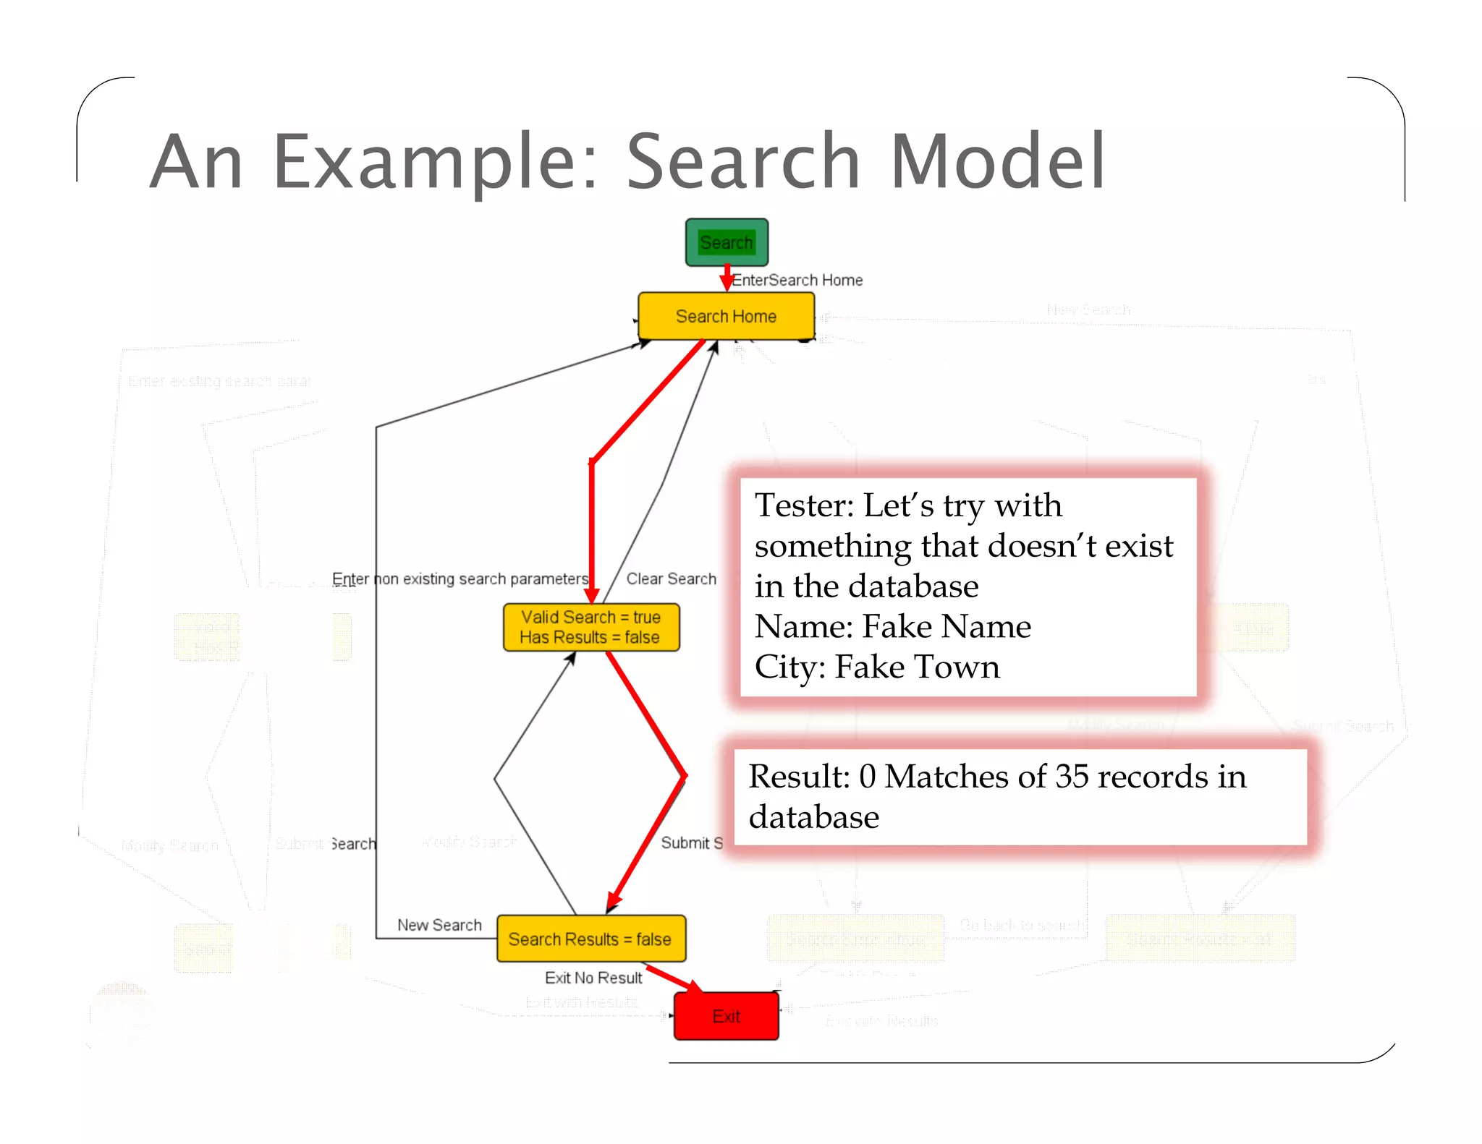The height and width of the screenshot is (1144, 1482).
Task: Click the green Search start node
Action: coord(727,242)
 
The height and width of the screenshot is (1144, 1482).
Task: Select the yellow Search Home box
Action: coord(726,316)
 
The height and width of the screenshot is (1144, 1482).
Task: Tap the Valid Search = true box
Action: coord(590,627)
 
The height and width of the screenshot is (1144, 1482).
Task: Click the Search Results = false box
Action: coord(590,939)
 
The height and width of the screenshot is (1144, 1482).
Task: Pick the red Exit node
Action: coord(726,1016)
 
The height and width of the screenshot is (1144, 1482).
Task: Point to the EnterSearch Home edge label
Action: coord(797,280)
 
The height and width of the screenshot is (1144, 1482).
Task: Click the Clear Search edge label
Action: coord(671,579)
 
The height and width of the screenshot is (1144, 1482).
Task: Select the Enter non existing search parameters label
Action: coord(460,579)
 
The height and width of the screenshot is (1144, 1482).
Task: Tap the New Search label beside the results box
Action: coord(439,925)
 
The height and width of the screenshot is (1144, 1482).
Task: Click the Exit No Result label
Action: coord(593,978)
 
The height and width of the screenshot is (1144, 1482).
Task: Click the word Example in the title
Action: coord(435,163)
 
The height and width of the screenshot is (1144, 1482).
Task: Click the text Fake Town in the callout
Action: coord(917,667)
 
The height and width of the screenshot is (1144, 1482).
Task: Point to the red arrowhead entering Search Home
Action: coord(727,283)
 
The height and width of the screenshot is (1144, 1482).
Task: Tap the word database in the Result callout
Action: coord(813,817)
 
